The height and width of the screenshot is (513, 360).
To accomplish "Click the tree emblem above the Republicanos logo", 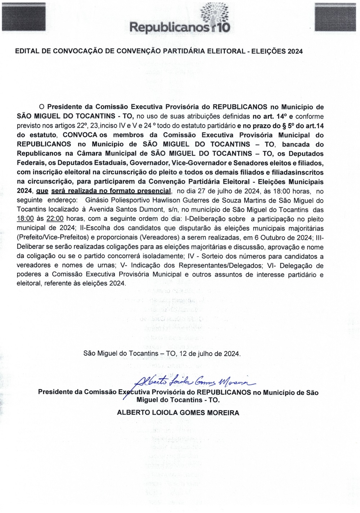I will [x=215, y=13].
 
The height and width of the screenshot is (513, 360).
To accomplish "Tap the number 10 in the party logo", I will [x=223, y=28].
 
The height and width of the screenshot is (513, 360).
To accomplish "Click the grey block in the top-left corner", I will [x=23, y=17].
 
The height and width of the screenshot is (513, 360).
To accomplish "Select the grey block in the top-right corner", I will [x=335, y=17].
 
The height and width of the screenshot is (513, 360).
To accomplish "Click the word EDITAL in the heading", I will [x=27, y=51].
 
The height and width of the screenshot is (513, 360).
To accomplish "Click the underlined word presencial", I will [x=152, y=191].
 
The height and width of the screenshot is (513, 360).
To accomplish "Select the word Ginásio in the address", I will [x=97, y=200].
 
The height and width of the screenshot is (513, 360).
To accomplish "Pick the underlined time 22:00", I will [x=55, y=219].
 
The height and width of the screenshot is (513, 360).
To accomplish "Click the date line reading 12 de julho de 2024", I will [x=209, y=353].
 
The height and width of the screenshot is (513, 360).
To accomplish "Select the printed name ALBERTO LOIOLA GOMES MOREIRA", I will [x=178, y=413].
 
